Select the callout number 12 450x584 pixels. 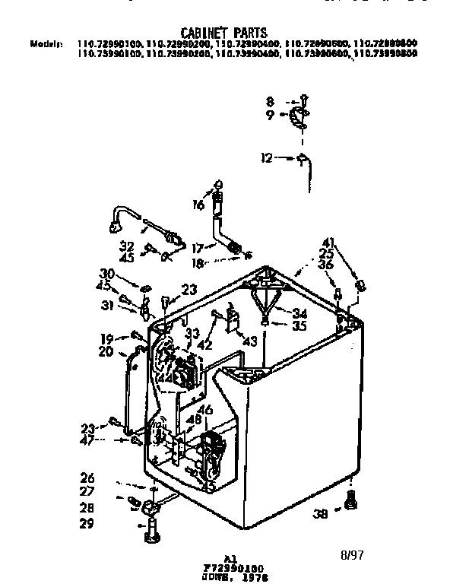pos(266,158)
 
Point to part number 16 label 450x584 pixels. pos(198,205)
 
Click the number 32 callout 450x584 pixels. pos(128,246)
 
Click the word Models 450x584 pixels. pos(46,44)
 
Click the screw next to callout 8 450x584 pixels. pos(303,99)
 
